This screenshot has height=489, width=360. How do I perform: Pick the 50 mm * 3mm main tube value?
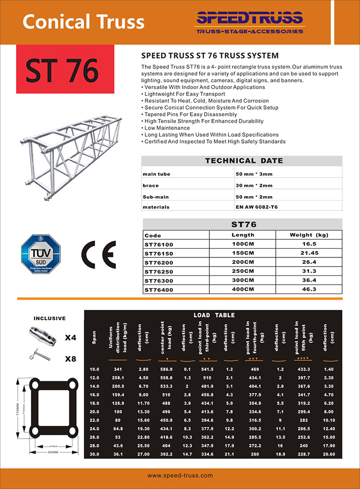(254, 174)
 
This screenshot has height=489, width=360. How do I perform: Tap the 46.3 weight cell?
(309, 290)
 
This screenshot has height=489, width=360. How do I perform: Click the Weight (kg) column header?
(309, 235)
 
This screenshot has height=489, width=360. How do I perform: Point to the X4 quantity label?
(70, 338)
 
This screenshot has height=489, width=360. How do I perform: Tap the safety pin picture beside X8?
(41, 356)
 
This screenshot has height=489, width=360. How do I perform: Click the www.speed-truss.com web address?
(180, 476)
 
